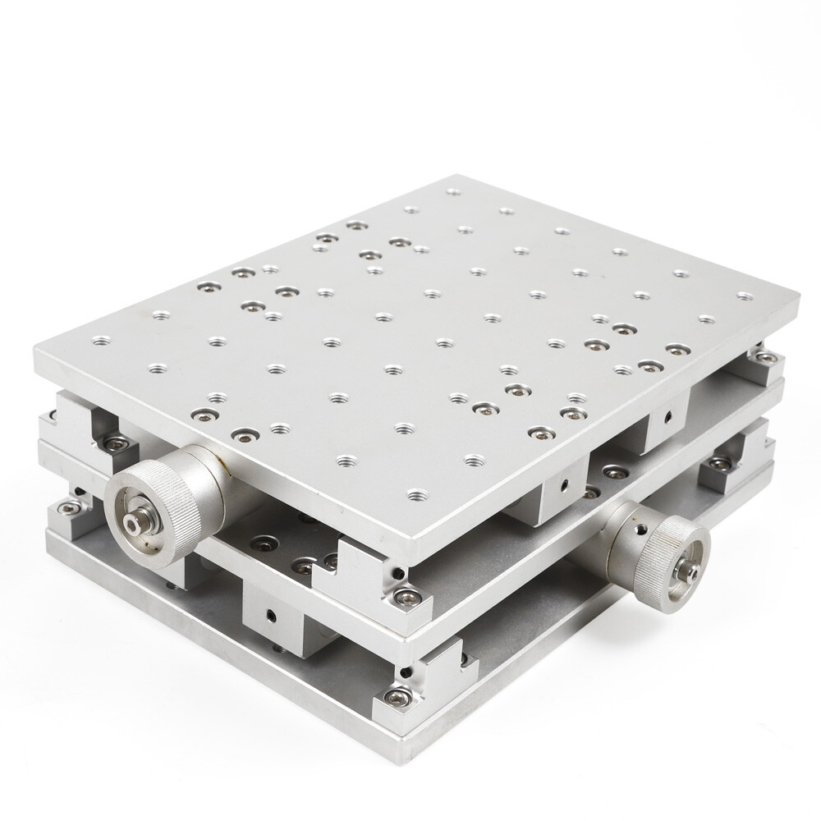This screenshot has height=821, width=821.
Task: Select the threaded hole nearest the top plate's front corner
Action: tap(418, 495)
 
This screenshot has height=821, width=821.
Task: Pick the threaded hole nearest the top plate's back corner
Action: tap(451, 195)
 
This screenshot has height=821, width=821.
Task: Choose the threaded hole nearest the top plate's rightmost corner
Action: tap(744, 296)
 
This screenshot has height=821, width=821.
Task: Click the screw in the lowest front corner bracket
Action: tap(396, 698)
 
